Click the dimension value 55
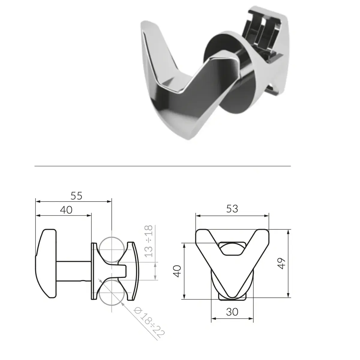pos(76,196)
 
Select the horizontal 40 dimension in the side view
pos(66,210)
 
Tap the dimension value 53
pos(232,209)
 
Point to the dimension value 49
pos(281,263)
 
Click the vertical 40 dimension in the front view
pos(177,271)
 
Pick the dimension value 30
pos(232,312)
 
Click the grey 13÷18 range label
pos(149,241)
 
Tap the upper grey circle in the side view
pos(112,250)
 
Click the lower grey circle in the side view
pos(112,292)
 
